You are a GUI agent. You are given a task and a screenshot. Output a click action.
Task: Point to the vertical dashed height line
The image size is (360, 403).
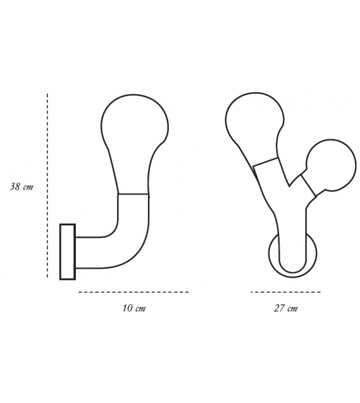pos(48,185)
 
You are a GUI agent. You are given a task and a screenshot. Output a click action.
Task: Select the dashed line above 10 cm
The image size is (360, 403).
pos(133,292)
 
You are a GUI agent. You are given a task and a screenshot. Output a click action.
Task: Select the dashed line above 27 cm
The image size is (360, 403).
pos(285,292)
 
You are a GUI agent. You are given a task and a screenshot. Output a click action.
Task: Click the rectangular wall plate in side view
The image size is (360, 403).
pos(67,251)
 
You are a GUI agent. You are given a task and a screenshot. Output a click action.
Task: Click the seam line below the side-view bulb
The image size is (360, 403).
pos(134,195)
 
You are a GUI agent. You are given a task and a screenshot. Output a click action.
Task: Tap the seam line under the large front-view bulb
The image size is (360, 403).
pos(265,161)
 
